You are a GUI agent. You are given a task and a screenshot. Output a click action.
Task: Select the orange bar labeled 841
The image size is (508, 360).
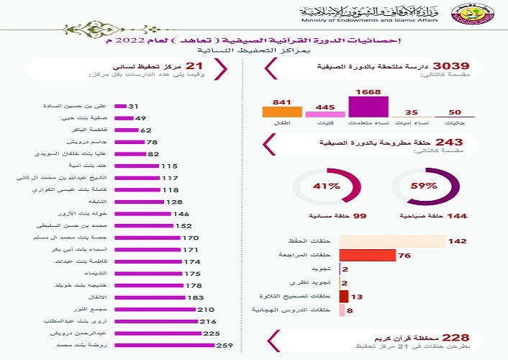click(x=281, y=111)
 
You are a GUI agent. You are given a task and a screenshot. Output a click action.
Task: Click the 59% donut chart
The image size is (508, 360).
click(x=423, y=185)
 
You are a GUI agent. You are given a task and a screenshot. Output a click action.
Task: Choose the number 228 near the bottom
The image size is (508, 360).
click(x=455, y=337)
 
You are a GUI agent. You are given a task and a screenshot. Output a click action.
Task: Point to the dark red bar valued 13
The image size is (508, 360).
click(x=343, y=296)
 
